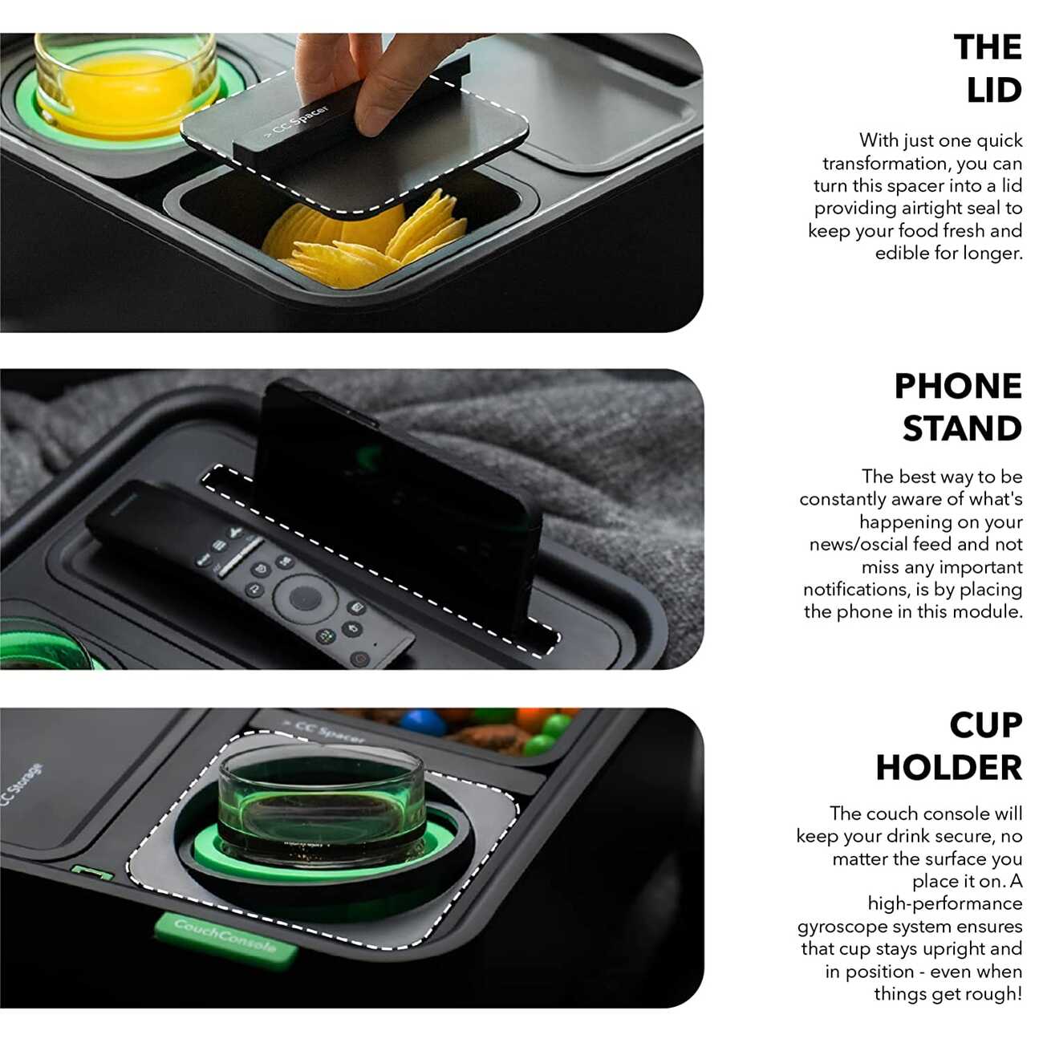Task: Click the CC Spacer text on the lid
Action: [297, 123]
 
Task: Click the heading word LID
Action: [994, 90]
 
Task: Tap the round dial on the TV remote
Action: [305, 598]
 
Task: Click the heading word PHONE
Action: [957, 386]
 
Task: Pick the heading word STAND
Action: [962, 428]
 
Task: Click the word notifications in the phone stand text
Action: [854, 589]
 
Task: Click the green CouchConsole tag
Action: [226, 940]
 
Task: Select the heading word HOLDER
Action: [949, 768]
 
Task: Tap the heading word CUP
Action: [985, 724]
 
